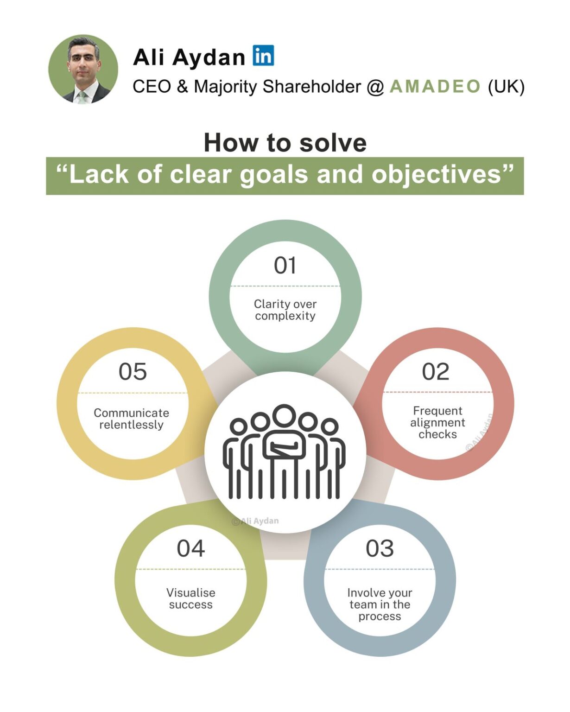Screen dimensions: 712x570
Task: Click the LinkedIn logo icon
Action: pos(263,56)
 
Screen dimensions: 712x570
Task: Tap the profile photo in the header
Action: pos(83,69)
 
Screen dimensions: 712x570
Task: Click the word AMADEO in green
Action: pos(435,87)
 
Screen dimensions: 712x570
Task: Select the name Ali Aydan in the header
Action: pos(189,57)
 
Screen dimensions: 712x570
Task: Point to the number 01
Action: pos(285,266)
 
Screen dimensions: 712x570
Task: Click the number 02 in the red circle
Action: pos(436,372)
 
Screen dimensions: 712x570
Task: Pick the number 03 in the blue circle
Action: pos(380,549)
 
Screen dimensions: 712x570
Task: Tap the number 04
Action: pos(190,549)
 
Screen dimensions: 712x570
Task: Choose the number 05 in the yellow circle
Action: pos(133,372)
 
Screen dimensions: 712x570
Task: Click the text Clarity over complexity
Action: pos(285,310)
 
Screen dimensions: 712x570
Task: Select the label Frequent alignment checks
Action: pos(437,422)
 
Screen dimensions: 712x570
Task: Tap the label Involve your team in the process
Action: pos(380,604)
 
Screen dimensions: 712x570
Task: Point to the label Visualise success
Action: pos(190,598)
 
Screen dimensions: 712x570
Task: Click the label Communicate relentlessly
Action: pos(131,419)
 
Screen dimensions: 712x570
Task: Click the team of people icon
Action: pos(285,452)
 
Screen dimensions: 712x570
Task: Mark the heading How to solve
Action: pos(285,143)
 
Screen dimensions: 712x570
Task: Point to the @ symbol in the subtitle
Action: pos(375,87)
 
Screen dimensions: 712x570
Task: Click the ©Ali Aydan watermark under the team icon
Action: pos(255,521)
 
